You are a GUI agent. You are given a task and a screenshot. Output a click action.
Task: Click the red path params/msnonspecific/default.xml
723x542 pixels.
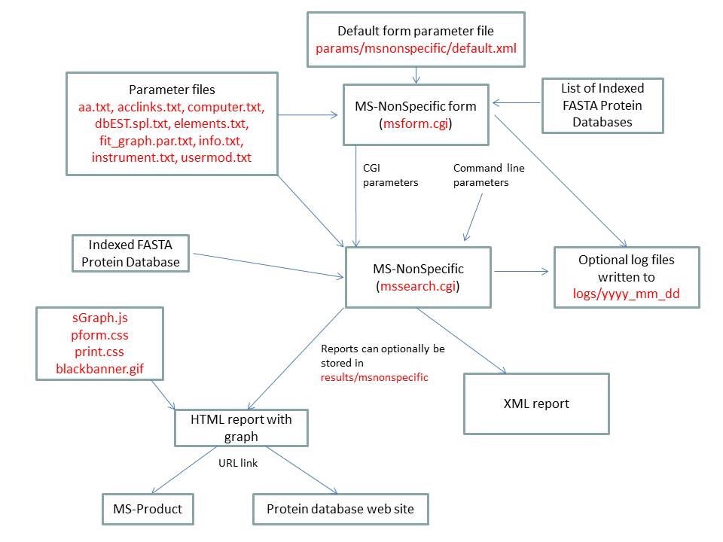pos(416,47)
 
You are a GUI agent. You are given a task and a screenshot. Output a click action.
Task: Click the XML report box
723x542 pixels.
pos(535,403)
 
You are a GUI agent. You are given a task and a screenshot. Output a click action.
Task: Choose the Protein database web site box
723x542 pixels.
pos(340,510)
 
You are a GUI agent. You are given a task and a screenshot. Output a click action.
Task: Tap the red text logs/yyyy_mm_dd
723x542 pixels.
pos(627,294)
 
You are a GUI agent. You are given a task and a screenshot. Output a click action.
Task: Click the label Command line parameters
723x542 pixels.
pos(489,175)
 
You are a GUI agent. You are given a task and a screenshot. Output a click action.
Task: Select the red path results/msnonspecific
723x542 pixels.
pos(374,377)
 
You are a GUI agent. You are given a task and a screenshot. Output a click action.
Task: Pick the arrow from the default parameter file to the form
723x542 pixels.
pos(416,75)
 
